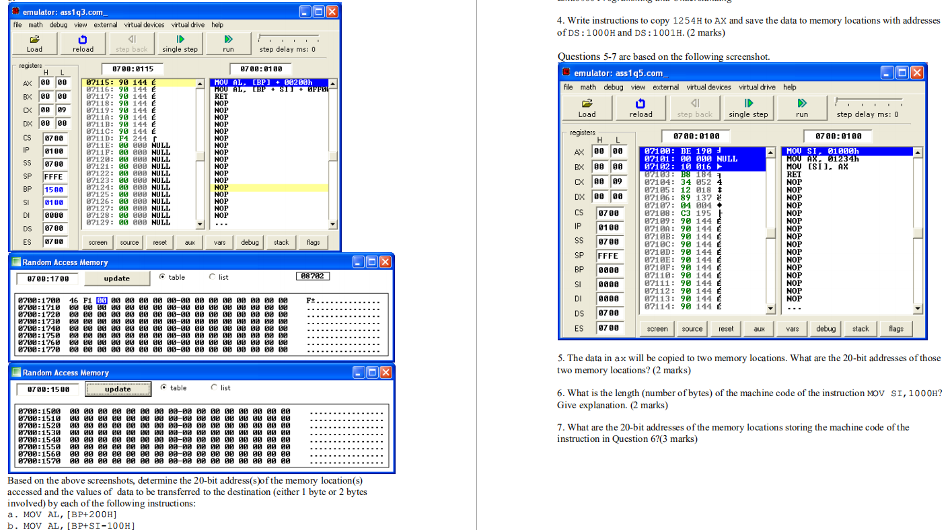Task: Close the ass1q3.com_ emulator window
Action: click(332, 12)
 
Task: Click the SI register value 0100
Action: click(54, 202)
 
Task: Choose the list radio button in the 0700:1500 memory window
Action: click(213, 388)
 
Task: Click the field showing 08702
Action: click(313, 276)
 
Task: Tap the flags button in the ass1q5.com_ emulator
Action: click(895, 329)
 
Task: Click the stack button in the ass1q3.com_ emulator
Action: click(281, 242)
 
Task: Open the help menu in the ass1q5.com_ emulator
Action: click(789, 87)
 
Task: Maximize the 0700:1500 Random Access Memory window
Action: click(373, 373)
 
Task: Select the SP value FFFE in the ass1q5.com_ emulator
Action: click(608, 256)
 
